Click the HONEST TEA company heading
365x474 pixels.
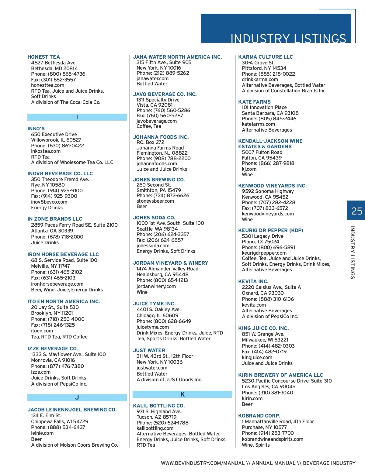43,57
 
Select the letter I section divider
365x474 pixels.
77,117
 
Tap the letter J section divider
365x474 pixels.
77,397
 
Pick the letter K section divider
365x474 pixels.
182,394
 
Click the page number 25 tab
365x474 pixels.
356,211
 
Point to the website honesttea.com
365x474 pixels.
47,85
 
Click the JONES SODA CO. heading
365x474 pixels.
154,218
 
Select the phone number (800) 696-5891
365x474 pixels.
269,247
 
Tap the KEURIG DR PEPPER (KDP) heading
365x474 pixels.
271,230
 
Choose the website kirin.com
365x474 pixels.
252,398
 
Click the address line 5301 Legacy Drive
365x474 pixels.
262,236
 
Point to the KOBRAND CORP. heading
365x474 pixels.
259,416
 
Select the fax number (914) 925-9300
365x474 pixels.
54,196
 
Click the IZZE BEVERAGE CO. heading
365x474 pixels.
53,349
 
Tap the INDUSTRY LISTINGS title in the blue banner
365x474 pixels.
288,39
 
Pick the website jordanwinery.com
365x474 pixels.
156,286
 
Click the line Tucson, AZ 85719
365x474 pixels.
156,417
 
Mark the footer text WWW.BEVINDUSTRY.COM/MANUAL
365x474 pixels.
203,463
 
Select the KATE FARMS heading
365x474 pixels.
254,102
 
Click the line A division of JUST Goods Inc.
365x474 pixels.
169,380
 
